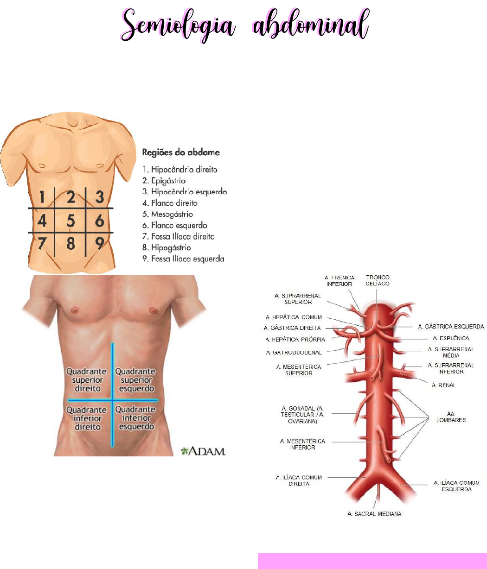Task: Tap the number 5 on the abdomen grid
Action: [70, 221]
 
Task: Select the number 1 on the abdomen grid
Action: [42, 198]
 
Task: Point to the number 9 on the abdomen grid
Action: [99, 243]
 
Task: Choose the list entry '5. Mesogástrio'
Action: [167, 214]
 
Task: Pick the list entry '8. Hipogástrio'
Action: [167, 247]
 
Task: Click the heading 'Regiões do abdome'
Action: [181, 152]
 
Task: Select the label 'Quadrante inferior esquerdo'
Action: [136, 418]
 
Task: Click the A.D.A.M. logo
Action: [203, 451]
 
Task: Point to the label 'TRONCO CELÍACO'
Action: [378, 280]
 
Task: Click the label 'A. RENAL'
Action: [444, 385]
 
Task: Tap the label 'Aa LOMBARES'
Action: [451, 417]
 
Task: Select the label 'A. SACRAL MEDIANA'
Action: [374, 514]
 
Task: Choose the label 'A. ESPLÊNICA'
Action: [451, 338]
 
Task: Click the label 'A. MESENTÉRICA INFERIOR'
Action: [302, 444]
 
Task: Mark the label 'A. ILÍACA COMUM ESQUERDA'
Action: [456, 486]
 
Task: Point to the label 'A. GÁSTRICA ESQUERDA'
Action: [451, 327]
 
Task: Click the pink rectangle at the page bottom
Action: [372, 561]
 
